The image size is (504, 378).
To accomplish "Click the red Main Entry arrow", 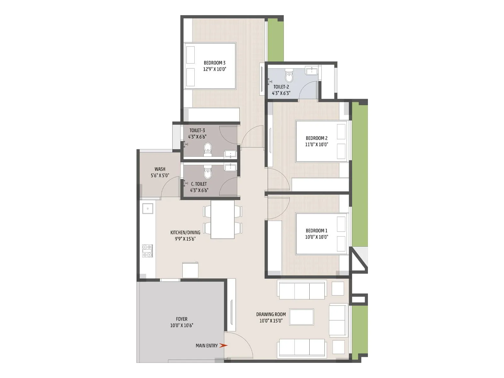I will pyautogui.click(x=223, y=346).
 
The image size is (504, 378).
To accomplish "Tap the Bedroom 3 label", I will pyautogui.click(x=215, y=63).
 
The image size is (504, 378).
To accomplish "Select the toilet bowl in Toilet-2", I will pyautogui.click(x=289, y=77).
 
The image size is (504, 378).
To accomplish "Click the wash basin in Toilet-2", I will pyautogui.click(x=312, y=71).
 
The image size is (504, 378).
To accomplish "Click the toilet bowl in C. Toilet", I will pyautogui.click(x=208, y=172).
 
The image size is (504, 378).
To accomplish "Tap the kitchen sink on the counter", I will pyautogui.click(x=147, y=208).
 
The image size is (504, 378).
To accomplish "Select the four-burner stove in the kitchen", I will pyautogui.click(x=147, y=251).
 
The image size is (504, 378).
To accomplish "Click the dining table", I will pyautogui.click(x=223, y=220).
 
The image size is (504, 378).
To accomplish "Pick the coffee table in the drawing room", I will pyautogui.click(x=301, y=317).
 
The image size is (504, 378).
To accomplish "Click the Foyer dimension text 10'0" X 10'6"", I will pyautogui.click(x=182, y=325).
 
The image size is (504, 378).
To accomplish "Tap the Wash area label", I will pyautogui.click(x=160, y=169).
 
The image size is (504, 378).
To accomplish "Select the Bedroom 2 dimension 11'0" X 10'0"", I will pyautogui.click(x=317, y=145).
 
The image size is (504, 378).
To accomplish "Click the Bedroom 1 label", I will pyautogui.click(x=317, y=231).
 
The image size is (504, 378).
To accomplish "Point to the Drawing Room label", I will pyautogui.click(x=271, y=314).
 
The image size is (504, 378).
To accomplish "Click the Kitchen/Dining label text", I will pyautogui.click(x=185, y=232).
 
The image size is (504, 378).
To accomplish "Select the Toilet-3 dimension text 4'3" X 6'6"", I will pyautogui.click(x=197, y=137).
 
